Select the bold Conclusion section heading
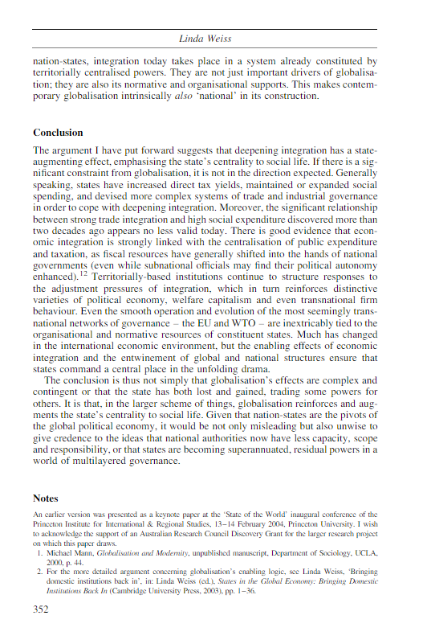(59, 133)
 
